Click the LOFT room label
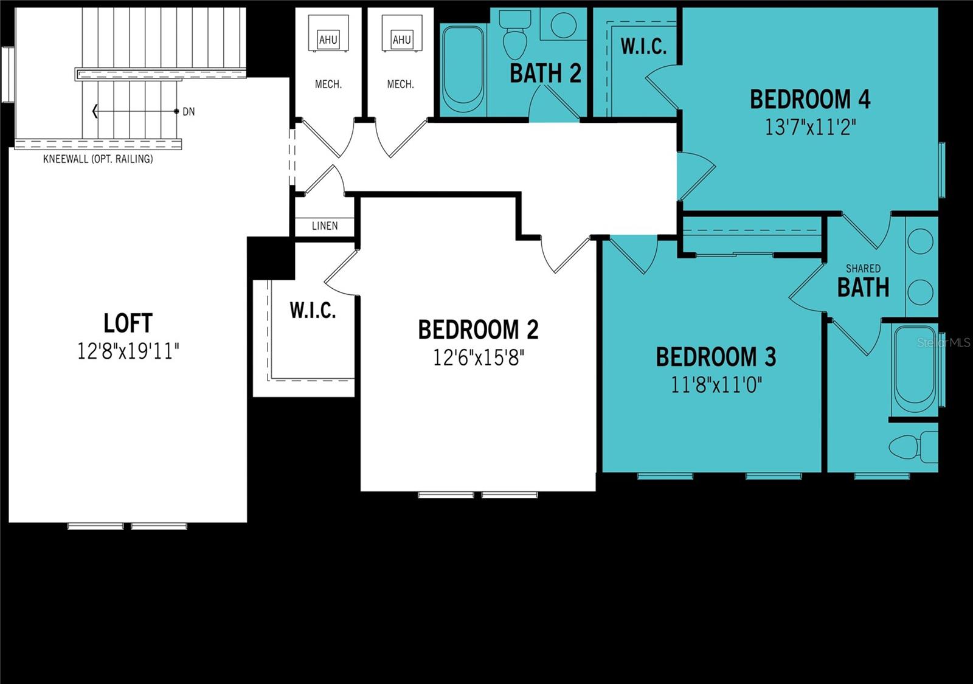(128, 323)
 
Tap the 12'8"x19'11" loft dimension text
(128, 351)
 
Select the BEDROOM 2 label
(478, 330)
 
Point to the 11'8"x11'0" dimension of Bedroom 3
(716, 384)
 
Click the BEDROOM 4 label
(810, 99)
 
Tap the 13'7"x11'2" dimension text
(810, 126)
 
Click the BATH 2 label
(545, 74)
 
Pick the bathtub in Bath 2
(463, 67)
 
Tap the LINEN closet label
(325, 226)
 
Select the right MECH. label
(400, 85)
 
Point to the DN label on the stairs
(189, 111)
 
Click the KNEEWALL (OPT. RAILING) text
(98, 159)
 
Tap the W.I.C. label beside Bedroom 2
(313, 310)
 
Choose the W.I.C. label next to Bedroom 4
(643, 46)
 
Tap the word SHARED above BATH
(863, 268)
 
